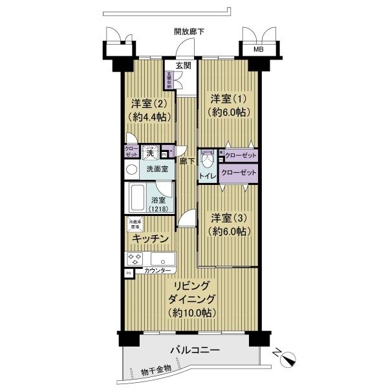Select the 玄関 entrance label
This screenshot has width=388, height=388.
coord(183,65)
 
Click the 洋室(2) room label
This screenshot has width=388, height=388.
coord(149,104)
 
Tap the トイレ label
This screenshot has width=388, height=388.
coord(208,176)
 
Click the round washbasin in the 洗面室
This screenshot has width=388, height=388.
coord(131,169)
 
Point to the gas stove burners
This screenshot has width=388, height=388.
coord(135,259)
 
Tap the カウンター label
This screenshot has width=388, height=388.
coord(158,270)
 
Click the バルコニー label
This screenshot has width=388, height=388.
coord(195,350)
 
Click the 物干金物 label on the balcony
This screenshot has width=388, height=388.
coord(156,371)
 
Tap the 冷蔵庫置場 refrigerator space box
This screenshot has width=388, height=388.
coord(135,225)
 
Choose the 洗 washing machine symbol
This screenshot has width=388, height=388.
coord(150,153)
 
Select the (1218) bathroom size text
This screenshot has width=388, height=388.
coord(158,210)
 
